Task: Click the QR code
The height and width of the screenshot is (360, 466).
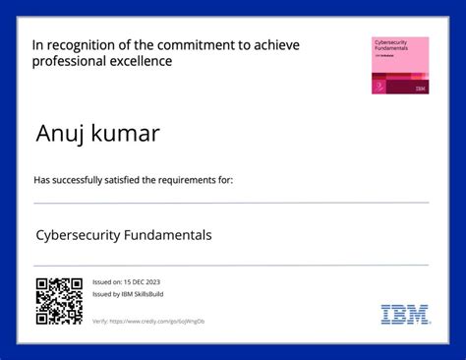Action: coord(59,301)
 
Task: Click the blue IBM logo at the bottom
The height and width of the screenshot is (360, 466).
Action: coord(405,315)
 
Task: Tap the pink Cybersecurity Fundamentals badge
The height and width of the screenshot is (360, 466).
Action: coord(400,66)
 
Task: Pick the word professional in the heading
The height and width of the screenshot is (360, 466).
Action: coord(68,61)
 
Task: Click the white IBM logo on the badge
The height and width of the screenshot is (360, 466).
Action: coord(421,89)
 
